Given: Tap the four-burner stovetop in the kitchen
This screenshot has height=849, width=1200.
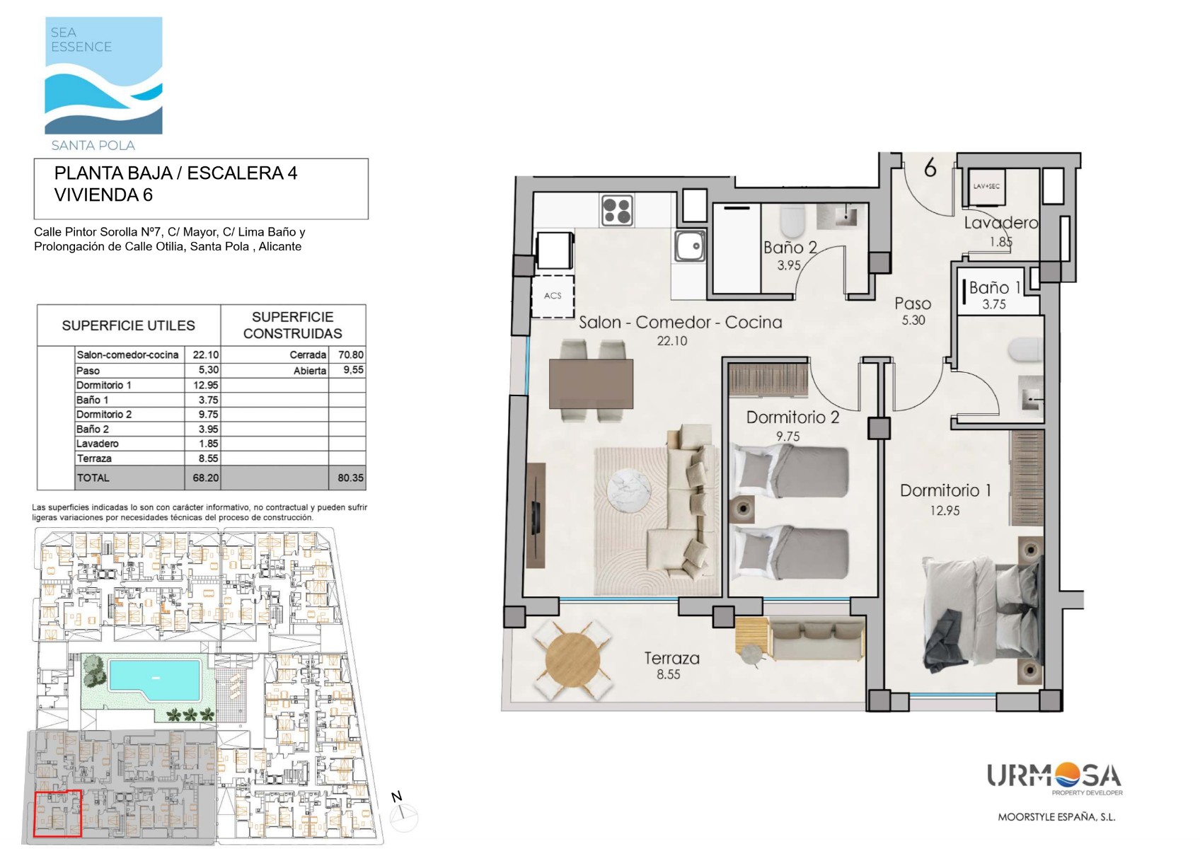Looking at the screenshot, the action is [x=617, y=210].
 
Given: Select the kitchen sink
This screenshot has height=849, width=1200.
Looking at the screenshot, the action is [x=689, y=246].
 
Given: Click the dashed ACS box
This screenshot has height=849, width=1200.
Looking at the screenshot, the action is [x=553, y=296].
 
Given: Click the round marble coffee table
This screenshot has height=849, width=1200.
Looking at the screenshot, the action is [x=630, y=490].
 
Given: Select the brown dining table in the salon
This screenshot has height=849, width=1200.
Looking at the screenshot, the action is [x=591, y=384].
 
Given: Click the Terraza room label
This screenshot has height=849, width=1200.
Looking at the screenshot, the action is [x=671, y=658].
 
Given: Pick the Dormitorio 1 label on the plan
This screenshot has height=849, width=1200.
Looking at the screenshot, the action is [x=945, y=490].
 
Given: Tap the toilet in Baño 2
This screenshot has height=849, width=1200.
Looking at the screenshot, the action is [x=793, y=222].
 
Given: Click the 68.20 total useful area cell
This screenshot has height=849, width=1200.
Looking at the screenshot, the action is [x=206, y=478].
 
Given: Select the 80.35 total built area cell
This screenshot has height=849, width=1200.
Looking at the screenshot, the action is [x=350, y=478].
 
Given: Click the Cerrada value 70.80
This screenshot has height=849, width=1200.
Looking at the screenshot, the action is [x=351, y=354].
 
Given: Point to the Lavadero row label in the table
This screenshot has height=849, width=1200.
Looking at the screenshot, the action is [x=98, y=444].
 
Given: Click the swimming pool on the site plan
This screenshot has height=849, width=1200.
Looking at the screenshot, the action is [x=155, y=679].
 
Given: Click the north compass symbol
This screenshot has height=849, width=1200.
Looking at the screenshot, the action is [x=403, y=815].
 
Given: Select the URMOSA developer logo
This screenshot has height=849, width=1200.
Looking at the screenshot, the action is [x=1054, y=779].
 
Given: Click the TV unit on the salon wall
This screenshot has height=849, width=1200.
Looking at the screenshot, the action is [x=536, y=515].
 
